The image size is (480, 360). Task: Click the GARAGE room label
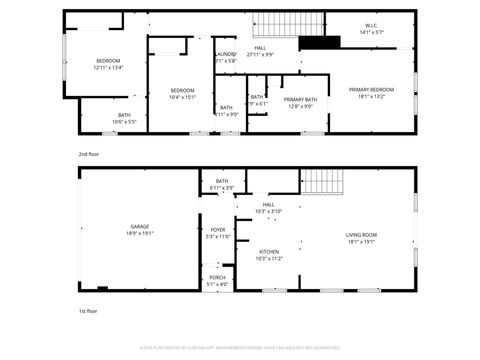pyautogui.click(x=139, y=227)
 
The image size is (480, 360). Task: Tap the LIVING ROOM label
pyautogui.click(x=360, y=235)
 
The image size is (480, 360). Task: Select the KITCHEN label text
pyautogui.click(x=269, y=251)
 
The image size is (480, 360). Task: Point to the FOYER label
pyautogui.click(x=217, y=230)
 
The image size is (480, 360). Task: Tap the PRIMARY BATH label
pyautogui.click(x=300, y=99)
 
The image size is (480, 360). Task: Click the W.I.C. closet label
pyautogui.click(x=370, y=27)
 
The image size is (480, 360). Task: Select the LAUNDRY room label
pyautogui.click(x=225, y=54)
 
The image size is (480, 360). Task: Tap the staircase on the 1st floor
pyautogui.click(x=322, y=182)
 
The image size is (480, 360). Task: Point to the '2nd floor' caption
pyautogui.click(x=89, y=154)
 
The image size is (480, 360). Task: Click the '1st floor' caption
pyautogui.click(x=89, y=312)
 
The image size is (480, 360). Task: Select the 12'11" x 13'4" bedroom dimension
pyautogui.click(x=108, y=68)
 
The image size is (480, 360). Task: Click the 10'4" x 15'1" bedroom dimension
pyautogui.click(x=181, y=97)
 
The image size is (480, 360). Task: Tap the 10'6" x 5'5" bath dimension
pyautogui.click(x=124, y=122)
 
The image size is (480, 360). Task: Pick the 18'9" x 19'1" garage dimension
pyautogui.click(x=139, y=233)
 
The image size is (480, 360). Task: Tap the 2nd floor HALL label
pyautogui.click(x=260, y=48)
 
